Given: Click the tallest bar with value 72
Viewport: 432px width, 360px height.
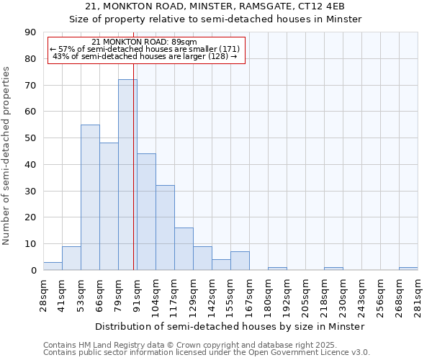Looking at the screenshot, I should pos(127,175).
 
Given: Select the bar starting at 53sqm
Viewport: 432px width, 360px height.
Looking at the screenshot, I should pos(90,197).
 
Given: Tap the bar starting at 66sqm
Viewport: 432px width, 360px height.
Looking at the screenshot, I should pos(109,207).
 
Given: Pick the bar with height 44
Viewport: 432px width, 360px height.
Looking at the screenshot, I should pos(146,212).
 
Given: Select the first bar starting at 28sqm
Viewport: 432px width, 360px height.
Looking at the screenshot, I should pos(53,266).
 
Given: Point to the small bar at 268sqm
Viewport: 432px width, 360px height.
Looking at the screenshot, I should pos(408,269).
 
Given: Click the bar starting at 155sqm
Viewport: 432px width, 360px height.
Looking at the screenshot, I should pos(240,261).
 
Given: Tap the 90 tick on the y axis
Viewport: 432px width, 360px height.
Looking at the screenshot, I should pos(31,32).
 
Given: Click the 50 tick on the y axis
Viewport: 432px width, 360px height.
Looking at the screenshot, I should pos(31,138).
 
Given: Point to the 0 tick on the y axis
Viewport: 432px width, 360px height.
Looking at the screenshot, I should pos(34,271).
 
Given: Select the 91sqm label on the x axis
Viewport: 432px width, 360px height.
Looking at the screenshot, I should pos(137,295).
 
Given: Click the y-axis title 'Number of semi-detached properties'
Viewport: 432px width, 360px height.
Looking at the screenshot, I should pos(7,156).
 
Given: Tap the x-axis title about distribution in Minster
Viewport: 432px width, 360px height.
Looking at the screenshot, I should pos(230,326).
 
